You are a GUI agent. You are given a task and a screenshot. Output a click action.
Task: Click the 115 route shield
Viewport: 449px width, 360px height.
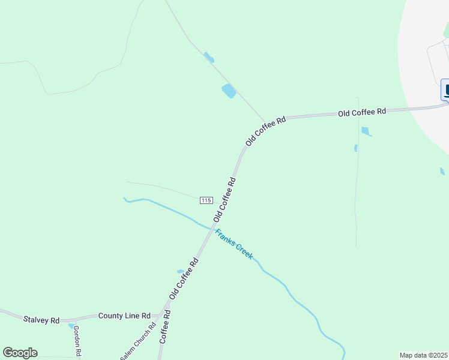tap(206, 200)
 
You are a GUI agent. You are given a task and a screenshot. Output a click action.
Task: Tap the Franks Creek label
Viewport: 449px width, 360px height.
tap(235, 244)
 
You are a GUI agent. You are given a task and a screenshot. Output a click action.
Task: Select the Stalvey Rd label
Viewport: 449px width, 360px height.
tap(41, 320)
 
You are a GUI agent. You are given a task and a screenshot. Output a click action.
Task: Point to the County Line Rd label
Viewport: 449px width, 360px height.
tap(124, 316)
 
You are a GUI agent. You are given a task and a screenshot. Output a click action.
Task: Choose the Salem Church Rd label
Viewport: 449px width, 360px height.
tap(139, 341)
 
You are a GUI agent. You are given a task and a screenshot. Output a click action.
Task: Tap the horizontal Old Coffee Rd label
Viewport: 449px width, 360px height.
tap(361, 112)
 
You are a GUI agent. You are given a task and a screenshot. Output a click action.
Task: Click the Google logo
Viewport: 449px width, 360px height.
tap(20, 353)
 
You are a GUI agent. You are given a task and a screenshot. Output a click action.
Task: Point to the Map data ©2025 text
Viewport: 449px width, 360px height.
tap(424, 355)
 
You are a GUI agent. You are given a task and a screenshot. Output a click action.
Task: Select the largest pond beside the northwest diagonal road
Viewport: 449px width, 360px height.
tap(229, 91)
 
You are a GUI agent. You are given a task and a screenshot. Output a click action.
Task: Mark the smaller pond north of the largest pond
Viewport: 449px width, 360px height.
tap(208, 58)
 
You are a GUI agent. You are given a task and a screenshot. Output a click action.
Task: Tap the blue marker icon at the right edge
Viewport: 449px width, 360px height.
tap(446, 90)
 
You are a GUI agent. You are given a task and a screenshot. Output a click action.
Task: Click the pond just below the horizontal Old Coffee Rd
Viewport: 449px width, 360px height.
tap(366, 131)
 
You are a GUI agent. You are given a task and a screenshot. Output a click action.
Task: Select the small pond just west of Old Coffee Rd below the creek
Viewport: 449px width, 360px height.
tap(180, 271)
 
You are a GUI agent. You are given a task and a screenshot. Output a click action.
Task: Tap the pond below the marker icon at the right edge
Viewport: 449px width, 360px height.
tap(442, 172)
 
